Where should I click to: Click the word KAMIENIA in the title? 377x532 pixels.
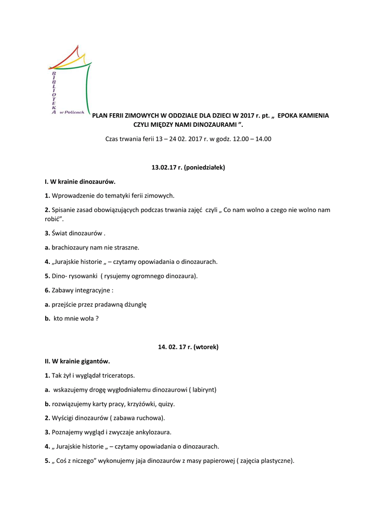312,115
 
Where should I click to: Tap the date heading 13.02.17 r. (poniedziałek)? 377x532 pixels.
188,168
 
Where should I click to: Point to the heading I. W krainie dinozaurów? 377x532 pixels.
80,182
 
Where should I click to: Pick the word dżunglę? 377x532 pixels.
135,304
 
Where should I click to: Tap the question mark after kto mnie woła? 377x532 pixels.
97,318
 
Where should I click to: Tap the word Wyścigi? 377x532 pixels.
63,418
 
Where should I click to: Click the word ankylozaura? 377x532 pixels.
152,432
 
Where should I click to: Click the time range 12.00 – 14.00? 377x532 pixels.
250,139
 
